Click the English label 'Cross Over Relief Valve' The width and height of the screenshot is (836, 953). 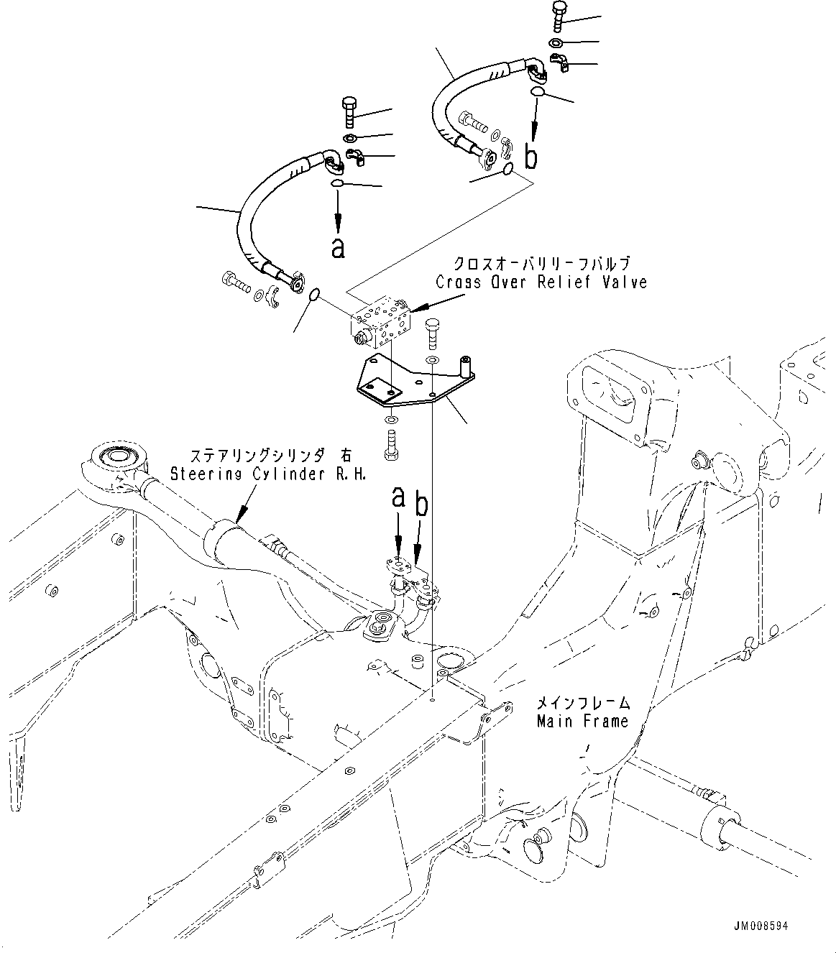coord(541,282)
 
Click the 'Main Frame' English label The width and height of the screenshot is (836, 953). coord(582,720)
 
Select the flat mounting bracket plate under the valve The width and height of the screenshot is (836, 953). coord(403,385)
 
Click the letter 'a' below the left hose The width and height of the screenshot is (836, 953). coord(338,247)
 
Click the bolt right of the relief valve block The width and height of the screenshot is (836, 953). coord(432,332)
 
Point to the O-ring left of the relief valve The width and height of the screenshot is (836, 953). coord(314,295)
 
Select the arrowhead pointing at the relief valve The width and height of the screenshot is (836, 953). coord(415,309)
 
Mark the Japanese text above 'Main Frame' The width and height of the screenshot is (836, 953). coord(583,702)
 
